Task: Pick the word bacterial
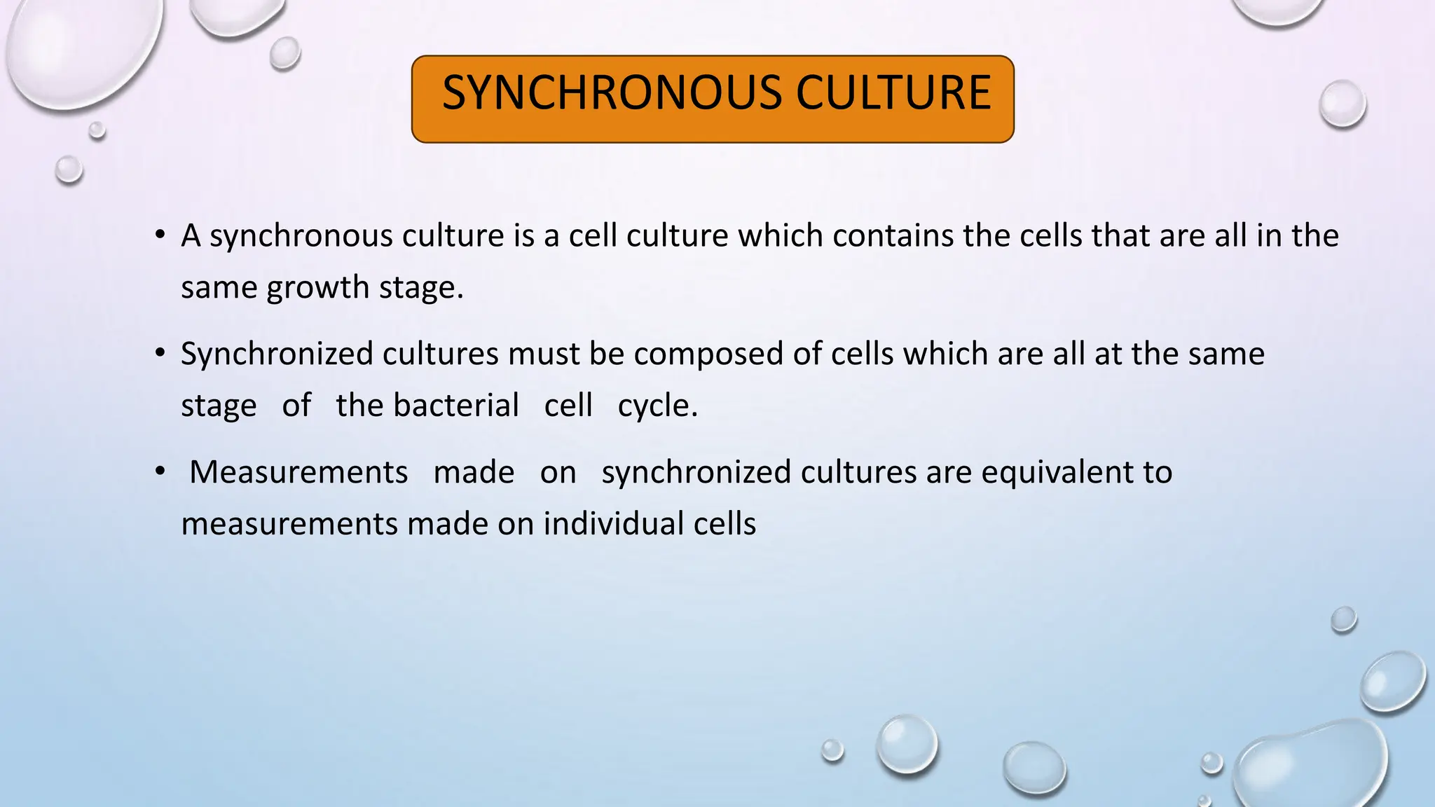pos(456,406)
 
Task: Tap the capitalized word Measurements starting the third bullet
pos(298,472)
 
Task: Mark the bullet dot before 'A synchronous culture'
pos(160,234)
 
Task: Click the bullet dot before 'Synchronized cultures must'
pos(160,352)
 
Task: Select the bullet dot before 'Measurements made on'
pos(160,471)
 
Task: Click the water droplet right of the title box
pos(1342,104)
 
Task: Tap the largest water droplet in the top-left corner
pos(81,49)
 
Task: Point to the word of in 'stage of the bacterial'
pos(296,406)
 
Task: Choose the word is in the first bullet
pos(523,235)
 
